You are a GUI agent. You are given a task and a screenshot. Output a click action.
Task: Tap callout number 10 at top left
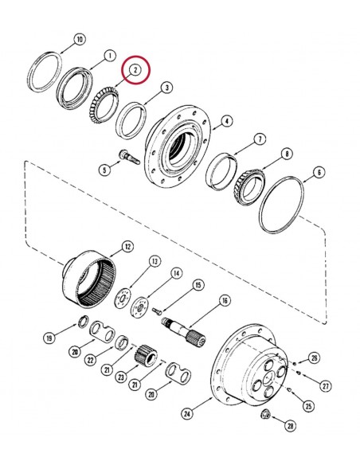[x=78, y=38]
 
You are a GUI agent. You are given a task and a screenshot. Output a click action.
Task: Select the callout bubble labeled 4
[x=227, y=121]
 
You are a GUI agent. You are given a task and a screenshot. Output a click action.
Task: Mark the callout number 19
[x=49, y=338]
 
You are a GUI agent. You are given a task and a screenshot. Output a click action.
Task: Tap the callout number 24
[x=188, y=412]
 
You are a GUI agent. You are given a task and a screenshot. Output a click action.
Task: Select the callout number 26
[x=314, y=357]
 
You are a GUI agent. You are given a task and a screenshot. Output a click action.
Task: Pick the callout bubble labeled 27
[x=325, y=385]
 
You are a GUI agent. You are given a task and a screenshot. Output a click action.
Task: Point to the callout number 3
[x=166, y=87]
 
